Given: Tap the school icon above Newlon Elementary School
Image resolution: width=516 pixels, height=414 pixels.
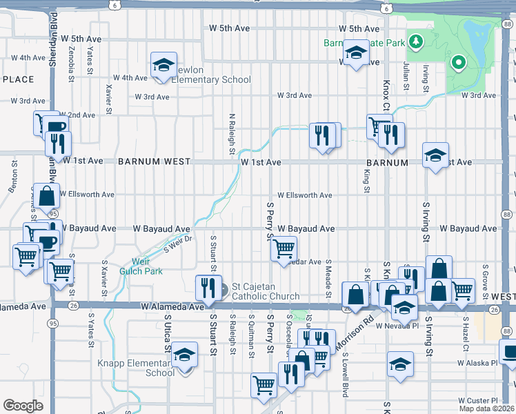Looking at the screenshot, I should [163, 66].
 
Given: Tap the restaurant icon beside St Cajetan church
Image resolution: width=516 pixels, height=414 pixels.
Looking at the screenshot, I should [207, 288].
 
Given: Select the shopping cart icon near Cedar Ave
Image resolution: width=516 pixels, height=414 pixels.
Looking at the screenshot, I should [284, 248].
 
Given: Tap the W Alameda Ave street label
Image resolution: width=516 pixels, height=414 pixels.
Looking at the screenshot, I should [171, 305].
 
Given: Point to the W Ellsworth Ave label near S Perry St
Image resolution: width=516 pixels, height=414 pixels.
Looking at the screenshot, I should [305, 195].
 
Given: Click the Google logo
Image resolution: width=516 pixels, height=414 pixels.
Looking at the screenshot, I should [23, 406].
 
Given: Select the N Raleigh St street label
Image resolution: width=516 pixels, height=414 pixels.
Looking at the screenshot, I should [232, 134].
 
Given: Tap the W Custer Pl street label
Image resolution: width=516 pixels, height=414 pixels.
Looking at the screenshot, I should [477, 400].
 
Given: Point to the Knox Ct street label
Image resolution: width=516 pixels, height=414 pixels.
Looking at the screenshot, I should [386, 97].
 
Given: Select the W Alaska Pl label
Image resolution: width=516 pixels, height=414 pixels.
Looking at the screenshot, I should [477, 362].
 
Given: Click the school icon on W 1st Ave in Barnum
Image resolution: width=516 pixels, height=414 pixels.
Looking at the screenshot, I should [435, 156].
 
